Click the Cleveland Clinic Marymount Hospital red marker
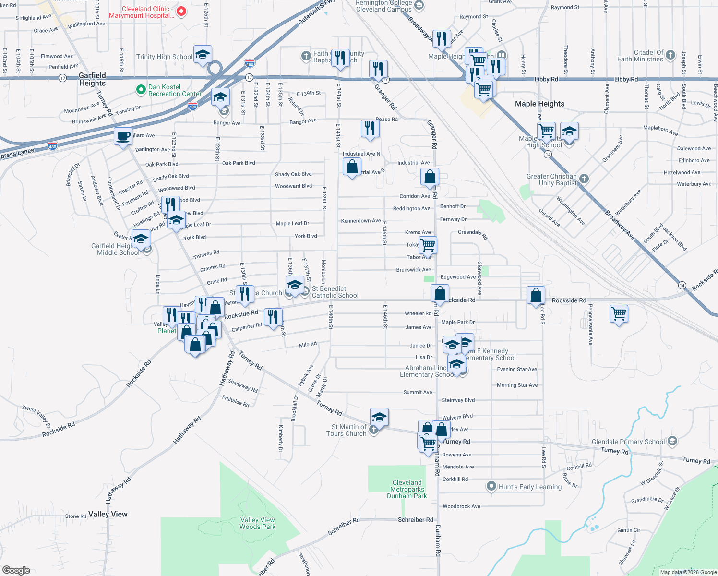click(181, 12)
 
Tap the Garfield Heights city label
click(92, 79)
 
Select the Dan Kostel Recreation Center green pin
click(141, 89)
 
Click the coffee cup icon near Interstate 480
click(123, 136)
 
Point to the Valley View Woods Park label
click(258, 523)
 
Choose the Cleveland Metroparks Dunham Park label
click(407, 489)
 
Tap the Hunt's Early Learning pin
click(491, 486)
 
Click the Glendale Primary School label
click(628, 442)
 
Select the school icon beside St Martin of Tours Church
click(379, 418)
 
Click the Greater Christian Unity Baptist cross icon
click(584, 179)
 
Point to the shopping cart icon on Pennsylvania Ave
click(619, 314)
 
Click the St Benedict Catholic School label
click(335, 292)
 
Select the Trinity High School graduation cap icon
click(203, 55)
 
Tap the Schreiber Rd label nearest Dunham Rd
click(415, 520)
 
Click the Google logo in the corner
click(16, 570)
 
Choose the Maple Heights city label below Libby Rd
click(539, 104)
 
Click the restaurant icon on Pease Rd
click(370, 129)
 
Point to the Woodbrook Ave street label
click(461, 506)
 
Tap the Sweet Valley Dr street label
click(36, 416)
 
